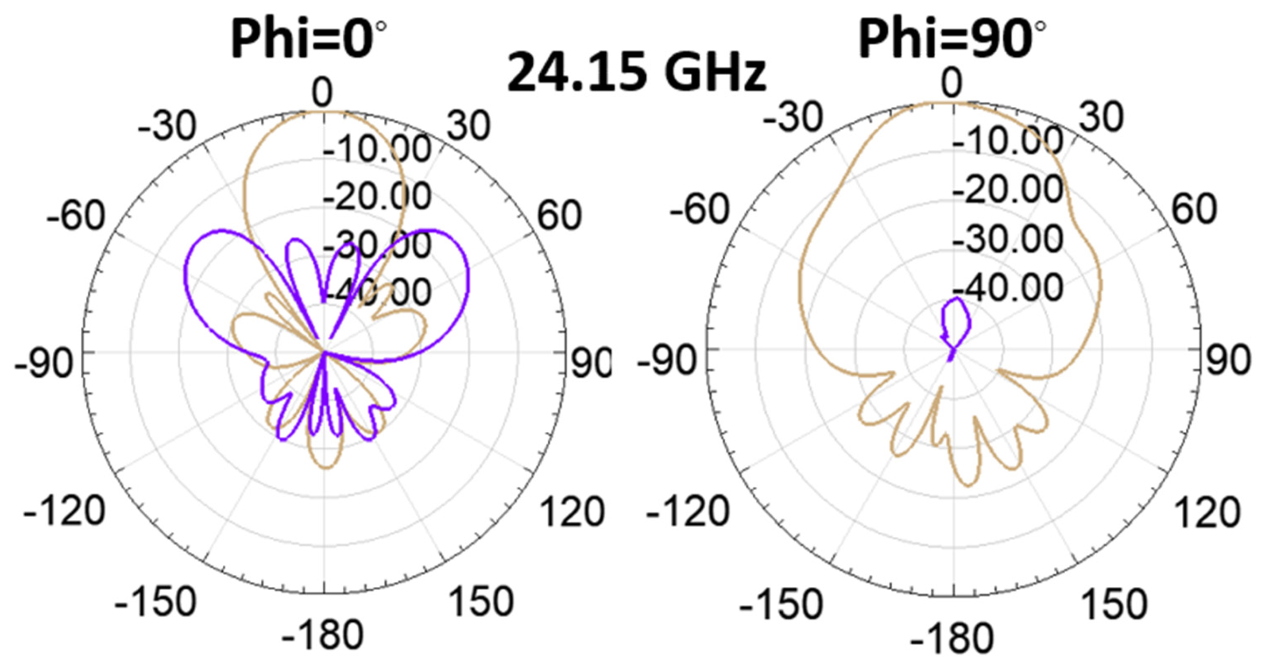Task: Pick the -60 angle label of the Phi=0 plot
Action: pos(75,216)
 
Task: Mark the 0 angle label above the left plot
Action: pos(323,93)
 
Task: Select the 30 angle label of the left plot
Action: pos(468,125)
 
